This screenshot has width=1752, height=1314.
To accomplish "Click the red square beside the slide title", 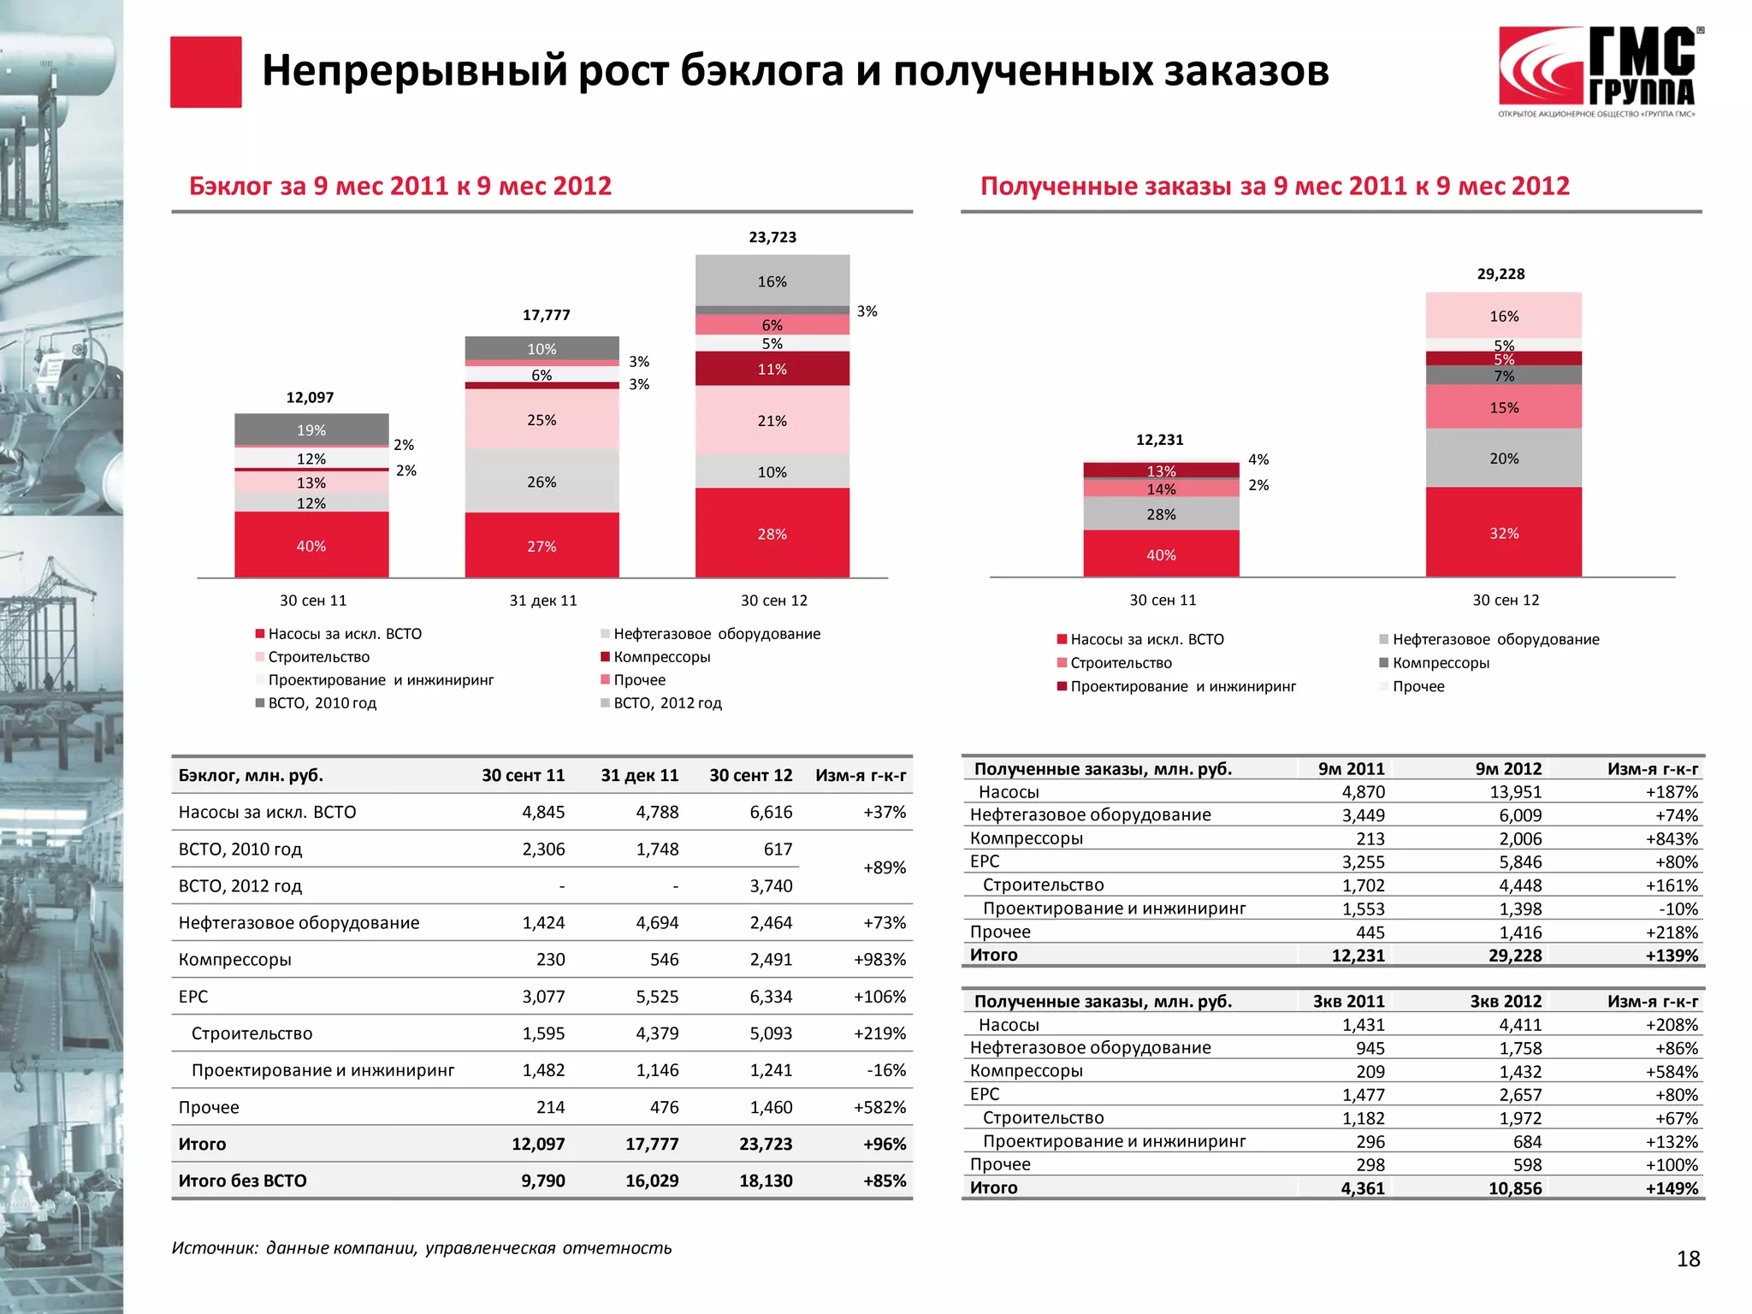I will click(205, 72).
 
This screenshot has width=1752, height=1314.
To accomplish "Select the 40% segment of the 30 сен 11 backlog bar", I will click(311, 545).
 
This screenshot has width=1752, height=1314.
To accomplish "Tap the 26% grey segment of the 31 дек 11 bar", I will click(542, 482).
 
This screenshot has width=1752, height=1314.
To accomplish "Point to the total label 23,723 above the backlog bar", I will click(772, 237).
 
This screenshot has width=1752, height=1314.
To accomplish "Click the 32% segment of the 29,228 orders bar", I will click(1503, 532).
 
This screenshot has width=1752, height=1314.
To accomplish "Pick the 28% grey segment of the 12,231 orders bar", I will click(1161, 514).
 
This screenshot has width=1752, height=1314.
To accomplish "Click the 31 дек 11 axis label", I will click(542, 601).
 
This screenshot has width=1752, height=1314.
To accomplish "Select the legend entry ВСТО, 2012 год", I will click(667, 703).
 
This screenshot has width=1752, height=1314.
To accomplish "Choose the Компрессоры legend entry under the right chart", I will click(1441, 663).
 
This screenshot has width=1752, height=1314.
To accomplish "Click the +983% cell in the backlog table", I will click(879, 960).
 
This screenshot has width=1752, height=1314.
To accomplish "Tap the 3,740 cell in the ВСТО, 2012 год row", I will click(771, 886).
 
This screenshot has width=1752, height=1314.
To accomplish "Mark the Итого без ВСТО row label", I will click(242, 1181).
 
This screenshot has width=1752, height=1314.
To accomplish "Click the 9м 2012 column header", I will click(1507, 769).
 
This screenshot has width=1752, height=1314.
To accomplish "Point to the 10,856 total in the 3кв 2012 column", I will click(1514, 1188).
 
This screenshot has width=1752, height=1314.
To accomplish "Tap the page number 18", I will click(1687, 1258).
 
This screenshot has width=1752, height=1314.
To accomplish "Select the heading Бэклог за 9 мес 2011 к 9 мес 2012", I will click(400, 186).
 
